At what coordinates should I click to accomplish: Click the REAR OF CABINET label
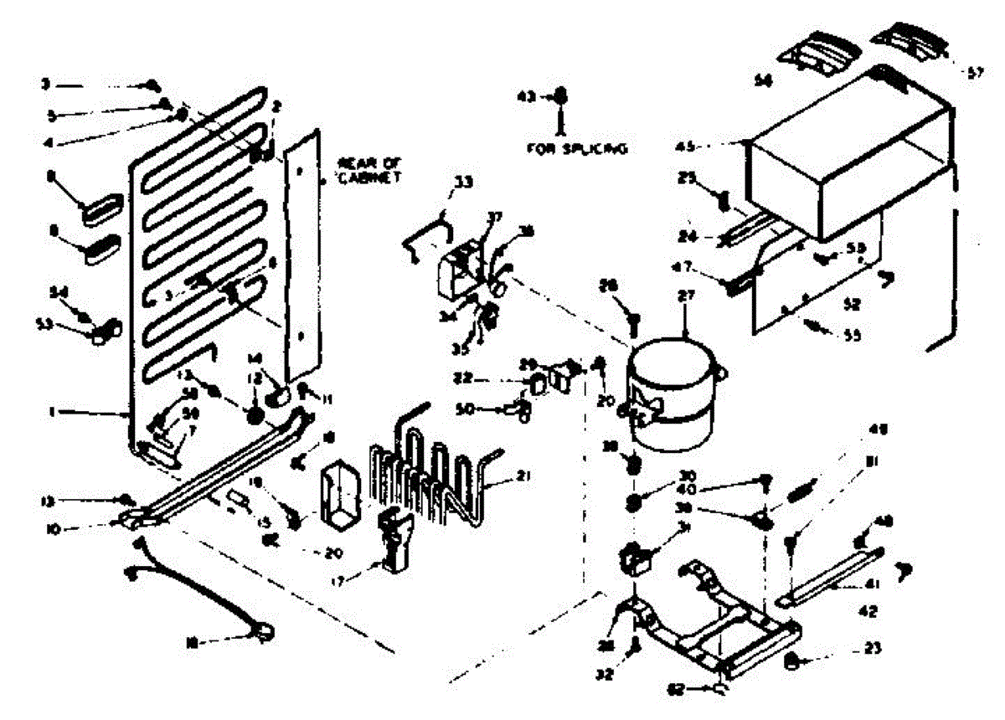[x=368, y=170]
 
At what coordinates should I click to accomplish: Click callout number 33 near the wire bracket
[x=461, y=181]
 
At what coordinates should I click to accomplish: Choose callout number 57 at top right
[x=974, y=73]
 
